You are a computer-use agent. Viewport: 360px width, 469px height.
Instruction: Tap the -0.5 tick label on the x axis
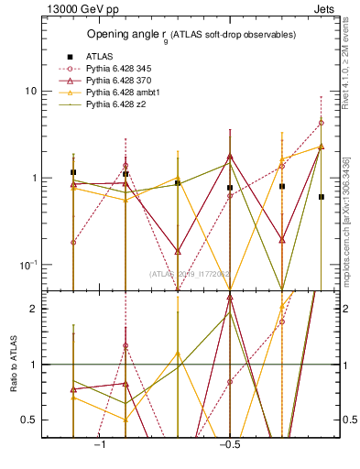click(x=228, y=444)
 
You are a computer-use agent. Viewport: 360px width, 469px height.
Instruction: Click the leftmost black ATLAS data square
click(x=73, y=172)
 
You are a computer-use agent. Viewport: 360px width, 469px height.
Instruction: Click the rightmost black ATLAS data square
click(x=322, y=197)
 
